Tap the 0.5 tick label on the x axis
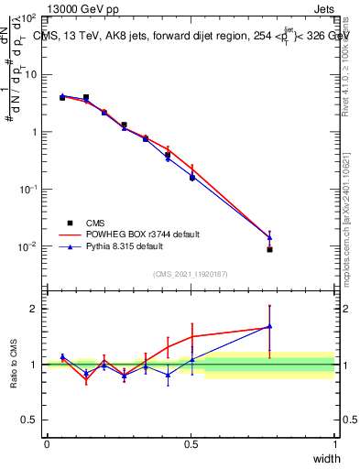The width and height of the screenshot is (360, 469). point(191,443)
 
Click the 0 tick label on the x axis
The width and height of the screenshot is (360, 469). point(47,443)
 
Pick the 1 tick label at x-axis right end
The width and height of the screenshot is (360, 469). point(334,443)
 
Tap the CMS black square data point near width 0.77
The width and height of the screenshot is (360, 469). point(269,249)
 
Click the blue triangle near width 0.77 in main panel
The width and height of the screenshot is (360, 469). point(269,237)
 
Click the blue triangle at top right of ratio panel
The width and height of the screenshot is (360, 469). point(269,325)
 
